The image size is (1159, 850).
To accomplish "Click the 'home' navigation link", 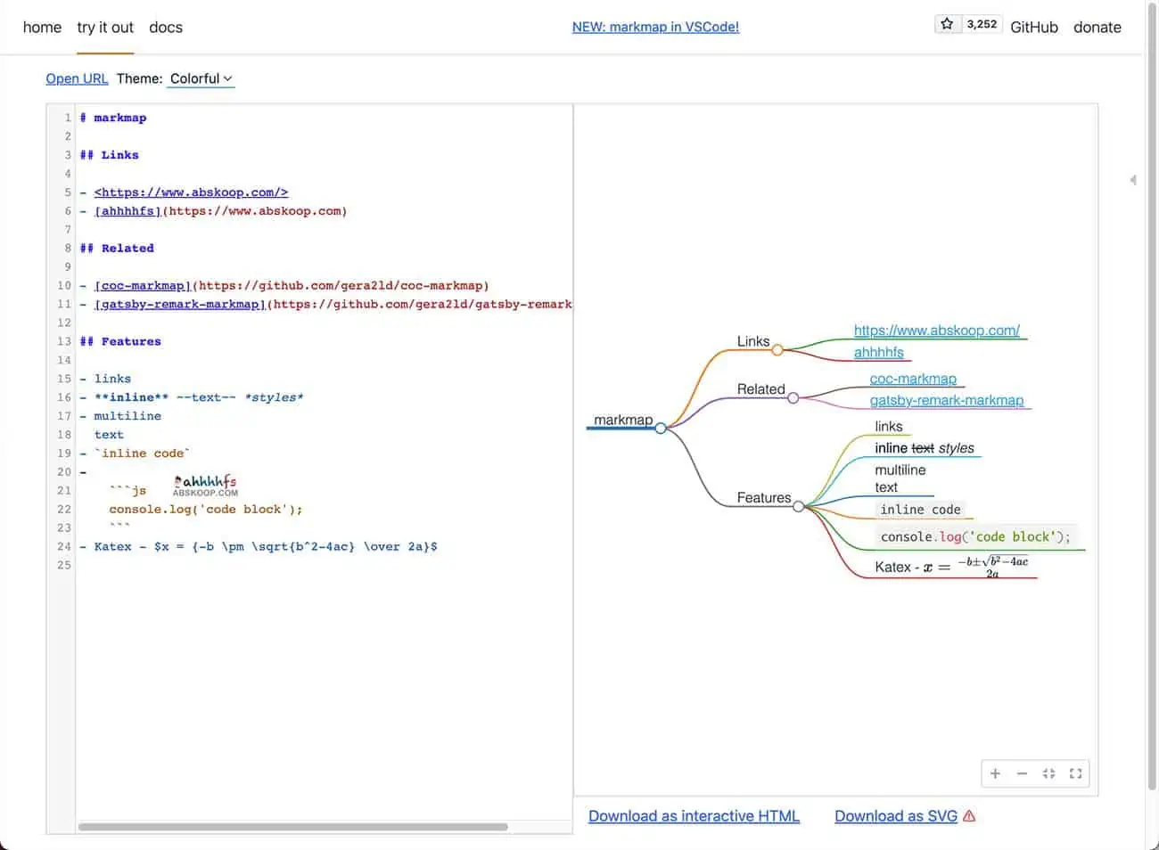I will coord(42,28).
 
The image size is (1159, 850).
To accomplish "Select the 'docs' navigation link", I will coord(166,28).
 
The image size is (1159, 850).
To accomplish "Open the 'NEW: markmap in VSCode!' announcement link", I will coord(655,27).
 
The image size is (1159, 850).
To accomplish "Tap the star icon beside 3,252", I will coord(947,24).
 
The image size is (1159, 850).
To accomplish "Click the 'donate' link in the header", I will coord(1097,28).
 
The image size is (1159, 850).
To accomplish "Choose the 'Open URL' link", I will coord(77,78).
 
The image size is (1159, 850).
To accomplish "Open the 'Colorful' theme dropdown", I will coord(201,78).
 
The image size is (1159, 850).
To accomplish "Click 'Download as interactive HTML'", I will coord(694,816).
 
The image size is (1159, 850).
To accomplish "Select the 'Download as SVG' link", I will coord(896,816).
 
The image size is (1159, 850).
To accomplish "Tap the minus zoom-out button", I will coord(1022,773).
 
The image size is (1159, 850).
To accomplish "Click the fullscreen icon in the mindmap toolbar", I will coord(1075,773).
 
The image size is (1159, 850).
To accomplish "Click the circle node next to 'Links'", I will coord(777,350).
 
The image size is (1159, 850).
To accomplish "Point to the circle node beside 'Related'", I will coord(793,398).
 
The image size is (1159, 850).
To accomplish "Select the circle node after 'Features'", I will coord(798,506).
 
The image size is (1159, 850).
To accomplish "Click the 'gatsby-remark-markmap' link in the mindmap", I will coord(947,400).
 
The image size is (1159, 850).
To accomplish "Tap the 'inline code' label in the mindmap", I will coord(920,510).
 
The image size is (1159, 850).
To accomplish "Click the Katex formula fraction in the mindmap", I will coord(992,567).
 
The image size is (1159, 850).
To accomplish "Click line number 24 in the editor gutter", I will coord(63,546).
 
